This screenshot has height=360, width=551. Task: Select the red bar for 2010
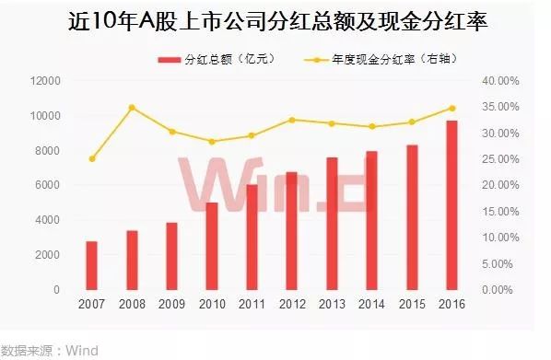coord(212,246)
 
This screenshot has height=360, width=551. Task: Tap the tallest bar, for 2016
coord(452,205)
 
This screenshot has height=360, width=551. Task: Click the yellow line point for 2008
coord(132,108)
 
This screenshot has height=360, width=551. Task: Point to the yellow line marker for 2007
coord(91,158)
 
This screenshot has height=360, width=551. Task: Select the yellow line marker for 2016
coord(452,108)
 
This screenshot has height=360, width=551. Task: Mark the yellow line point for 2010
coord(212,142)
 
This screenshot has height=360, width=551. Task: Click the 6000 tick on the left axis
coord(49,185)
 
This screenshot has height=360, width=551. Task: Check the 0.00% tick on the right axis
coord(504,290)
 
